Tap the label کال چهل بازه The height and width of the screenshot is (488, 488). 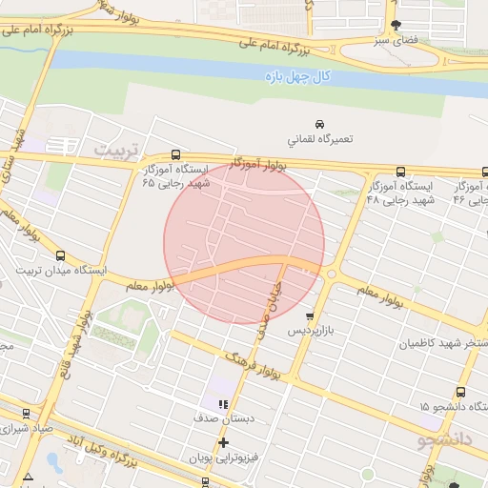click(x=296, y=75)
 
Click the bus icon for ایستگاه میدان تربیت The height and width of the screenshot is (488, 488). click(x=61, y=255)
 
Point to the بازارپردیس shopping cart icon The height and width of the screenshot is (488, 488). click(x=309, y=316)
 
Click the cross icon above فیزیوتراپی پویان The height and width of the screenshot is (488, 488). click(x=223, y=443)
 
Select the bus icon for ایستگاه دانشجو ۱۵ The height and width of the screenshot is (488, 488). click(x=461, y=392)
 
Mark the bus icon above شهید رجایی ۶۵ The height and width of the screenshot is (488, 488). click(x=175, y=154)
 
